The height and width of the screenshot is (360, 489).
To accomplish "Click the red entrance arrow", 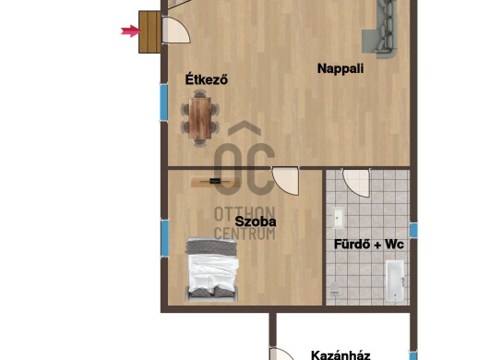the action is click(x=131, y=31).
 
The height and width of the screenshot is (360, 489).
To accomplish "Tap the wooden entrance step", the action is click(x=149, y=32).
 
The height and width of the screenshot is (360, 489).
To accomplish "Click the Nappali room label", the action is click(x=340, y=68).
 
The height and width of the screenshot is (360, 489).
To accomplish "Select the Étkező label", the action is click(x=207, y=79).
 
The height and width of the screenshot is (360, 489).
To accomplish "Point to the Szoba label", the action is click(x=256, y=222).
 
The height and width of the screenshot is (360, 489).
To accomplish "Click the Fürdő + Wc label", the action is click(x=369, y=245).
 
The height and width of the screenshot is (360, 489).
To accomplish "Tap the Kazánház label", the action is click(x=340, y=355).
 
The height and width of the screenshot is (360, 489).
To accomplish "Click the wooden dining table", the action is click(x=200, y=118).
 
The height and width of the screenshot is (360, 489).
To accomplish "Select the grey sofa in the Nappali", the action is click(x=380, y=29).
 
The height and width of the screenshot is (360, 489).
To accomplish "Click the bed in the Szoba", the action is click(x=212, y=270).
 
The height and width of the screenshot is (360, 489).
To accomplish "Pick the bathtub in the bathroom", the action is click(x=395, y=281).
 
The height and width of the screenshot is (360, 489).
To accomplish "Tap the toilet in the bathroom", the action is click(x=334, y=289).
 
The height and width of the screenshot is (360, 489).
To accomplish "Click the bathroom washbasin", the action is click(x=338, y=217).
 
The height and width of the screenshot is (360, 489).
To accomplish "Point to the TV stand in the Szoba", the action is click(x=216, y=181).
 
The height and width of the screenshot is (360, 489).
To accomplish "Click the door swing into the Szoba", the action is click(x=285, y=181).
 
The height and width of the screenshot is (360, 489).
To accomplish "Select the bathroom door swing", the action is click(x=356, y=182).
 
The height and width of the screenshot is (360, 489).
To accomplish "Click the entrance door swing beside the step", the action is click(x=176, y=30).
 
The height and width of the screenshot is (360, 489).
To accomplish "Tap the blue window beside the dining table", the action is click(x=163, y=102).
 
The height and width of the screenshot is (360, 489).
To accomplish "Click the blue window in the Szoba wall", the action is click(x=164, y=238).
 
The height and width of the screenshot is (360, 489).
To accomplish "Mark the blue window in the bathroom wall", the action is click(x=413, y=230).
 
